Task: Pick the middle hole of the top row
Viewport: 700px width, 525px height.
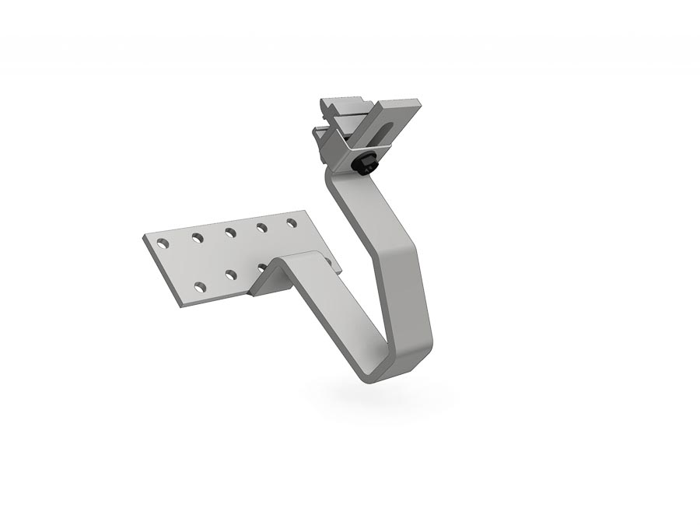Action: [230, 231]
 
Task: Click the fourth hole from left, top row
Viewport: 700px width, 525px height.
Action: [262, 227]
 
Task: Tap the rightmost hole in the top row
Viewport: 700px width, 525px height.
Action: [292, 222]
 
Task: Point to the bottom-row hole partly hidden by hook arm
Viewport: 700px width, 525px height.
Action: [261, 267]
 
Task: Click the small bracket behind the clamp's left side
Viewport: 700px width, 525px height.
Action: [320, 138]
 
